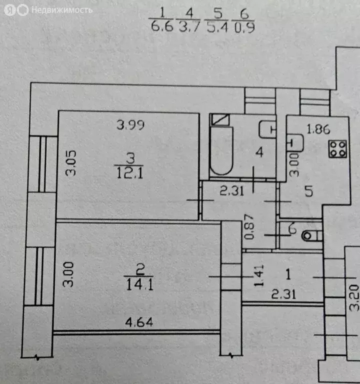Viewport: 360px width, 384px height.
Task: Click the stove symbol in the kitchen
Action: (x=338, y=148)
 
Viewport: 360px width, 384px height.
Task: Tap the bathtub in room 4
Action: (x=221, y=150)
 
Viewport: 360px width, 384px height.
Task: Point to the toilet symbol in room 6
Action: (x=312, y=236)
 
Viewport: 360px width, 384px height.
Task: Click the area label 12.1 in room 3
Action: (x=129, y=173)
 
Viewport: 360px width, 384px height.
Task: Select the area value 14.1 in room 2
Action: (x=139, y=284)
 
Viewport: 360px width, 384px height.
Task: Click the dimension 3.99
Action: (x=130, y=125)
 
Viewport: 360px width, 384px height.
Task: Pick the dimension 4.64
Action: (x=139, y=322)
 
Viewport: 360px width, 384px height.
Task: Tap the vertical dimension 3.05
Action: (x=71, y=163)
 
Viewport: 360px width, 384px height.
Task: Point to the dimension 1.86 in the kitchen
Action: (x=318, y=129)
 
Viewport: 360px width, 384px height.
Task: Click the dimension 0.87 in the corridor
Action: (x=249, y=226)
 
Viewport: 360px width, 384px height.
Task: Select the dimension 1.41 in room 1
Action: (x=259, y=275)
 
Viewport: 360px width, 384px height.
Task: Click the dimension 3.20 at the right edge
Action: (x=354, y=298)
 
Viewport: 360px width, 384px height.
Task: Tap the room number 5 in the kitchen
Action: (x=309, y=191)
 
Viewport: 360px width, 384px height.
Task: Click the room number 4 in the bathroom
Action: (x=259, y=152)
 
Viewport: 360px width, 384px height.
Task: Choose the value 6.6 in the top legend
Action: (x=162, y=26)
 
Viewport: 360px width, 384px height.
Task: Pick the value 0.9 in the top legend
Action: (x=244, y=27)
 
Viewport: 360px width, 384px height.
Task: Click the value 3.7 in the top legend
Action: (x=189, y=26)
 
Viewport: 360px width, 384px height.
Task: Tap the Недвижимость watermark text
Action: (x=62, y=10)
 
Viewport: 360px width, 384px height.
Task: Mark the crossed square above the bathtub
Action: (x=220, y=120)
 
